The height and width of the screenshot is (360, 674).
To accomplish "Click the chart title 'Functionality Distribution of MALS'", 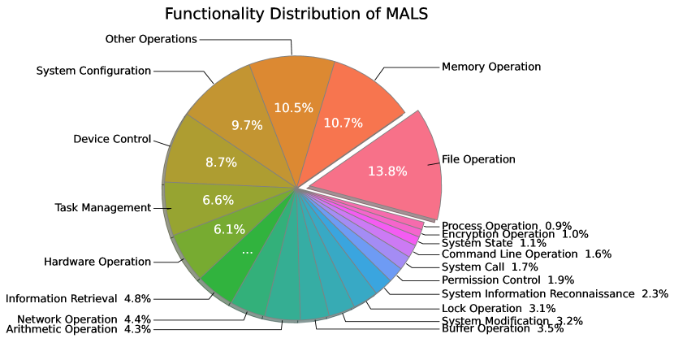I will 296,15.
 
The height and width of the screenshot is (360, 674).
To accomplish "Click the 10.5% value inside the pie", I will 293,108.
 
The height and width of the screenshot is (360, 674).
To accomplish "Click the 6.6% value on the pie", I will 218,200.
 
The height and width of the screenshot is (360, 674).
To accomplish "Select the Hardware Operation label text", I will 97,262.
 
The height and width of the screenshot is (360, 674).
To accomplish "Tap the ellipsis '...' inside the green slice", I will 248,251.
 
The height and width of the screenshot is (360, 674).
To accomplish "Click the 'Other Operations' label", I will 152,38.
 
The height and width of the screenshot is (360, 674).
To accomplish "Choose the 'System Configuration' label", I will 94,71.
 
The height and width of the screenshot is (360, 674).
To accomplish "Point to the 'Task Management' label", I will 103,207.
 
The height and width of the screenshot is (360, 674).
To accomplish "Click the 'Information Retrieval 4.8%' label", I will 79,298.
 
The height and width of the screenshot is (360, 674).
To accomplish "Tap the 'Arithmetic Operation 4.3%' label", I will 79,329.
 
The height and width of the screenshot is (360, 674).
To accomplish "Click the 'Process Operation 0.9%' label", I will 507,225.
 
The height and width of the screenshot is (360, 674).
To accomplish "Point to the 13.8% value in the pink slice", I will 387,171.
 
